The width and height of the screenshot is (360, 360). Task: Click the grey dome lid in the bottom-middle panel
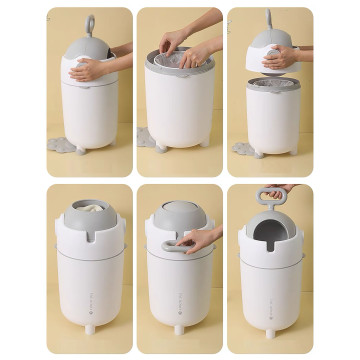[178, 213]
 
